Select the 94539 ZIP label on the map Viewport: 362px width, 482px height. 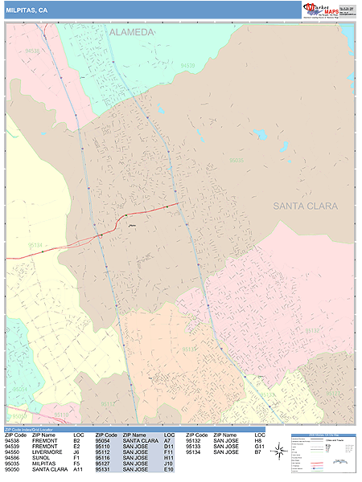[187, 66]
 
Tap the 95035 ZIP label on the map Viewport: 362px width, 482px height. [236, 161]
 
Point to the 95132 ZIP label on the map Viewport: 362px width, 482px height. [311, 331]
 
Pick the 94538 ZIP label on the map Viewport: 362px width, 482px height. [32, 51]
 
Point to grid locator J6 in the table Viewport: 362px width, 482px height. [76, 452]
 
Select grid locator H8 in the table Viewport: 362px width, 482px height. [258, 441]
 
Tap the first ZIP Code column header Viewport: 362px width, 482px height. [16, 435]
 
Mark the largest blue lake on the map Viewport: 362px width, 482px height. [259, 134]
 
